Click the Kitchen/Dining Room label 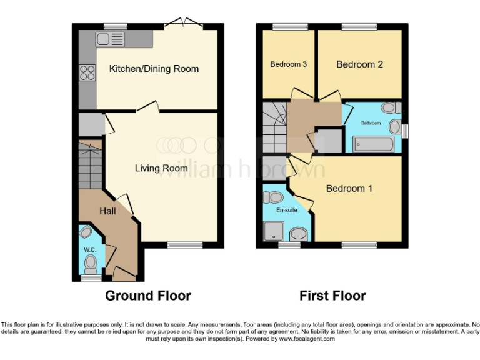(x=154, y=69)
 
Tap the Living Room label (x=161, y=168)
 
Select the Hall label (x=107, y=212)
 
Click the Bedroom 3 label (x=288, y=64)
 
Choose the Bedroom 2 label (x=359, y=64)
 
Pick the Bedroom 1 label (x=349, y=188)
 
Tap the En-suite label (x=287, y=211)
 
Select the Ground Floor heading (x=148, y=296)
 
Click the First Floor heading (x=332, y=296)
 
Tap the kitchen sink (x=111, y=40)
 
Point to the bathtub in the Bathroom (x=373, y=145)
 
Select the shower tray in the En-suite (x=274, y=232)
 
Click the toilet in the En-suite (x=274, y=198)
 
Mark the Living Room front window (x=184, y=245)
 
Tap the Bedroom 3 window (x=287, y=26)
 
